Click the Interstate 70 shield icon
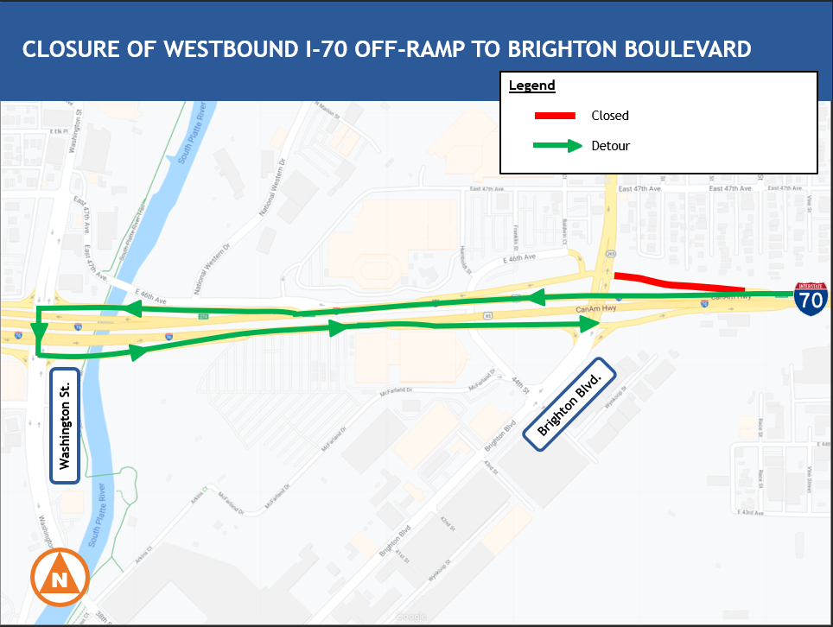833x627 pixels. point(811,296)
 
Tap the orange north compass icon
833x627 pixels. point(60,579)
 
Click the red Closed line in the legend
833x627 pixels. point(555,116)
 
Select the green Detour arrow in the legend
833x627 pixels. point(557,146)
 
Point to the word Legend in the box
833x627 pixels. point(531,86)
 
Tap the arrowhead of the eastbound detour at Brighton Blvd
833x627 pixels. point(591,324)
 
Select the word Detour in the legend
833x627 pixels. point(611,146)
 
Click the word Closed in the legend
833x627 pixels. point(610,116)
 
